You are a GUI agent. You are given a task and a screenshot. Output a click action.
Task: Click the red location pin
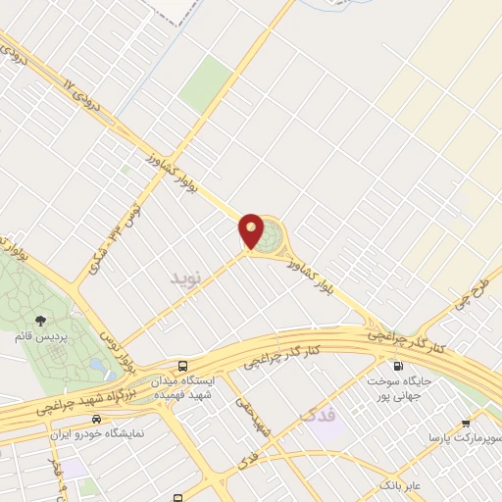(x=251, y=231)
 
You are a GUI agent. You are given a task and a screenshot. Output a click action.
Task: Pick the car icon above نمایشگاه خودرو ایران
(x=96, y=419)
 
